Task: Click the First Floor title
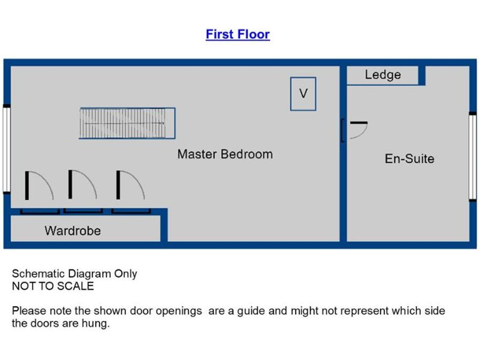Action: click(x=237, y=34)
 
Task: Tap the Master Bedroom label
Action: click(x=224, y=154)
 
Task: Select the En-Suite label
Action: click(x=409, y=159)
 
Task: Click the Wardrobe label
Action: click(x=72, y=231)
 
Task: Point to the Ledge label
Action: click(x=382, y=75)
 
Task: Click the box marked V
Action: click(x=303, y=94)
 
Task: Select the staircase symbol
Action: click(x=127, y=123)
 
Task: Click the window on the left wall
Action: click(x=6, y=149)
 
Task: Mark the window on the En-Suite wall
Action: click(x=473, y=156)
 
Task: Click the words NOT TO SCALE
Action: click(x=52, y=286)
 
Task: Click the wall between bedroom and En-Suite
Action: click(x=343, y=187)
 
